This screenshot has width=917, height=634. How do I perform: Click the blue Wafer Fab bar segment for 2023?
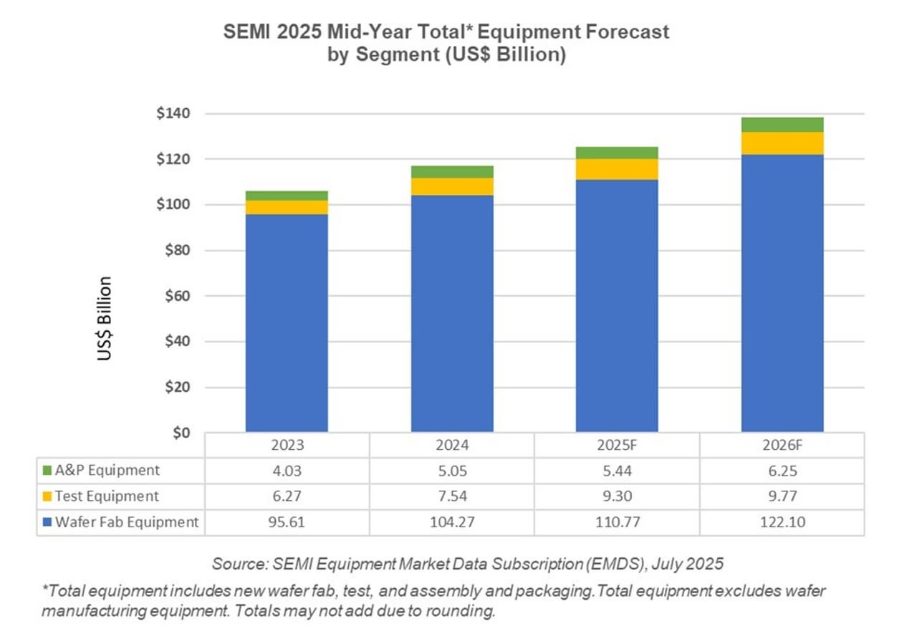pos(287,322)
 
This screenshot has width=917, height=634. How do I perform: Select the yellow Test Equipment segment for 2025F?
pos(617,169)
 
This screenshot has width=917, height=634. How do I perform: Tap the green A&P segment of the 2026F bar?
pos(782,125)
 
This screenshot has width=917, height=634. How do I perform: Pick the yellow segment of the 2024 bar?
pos(452,186)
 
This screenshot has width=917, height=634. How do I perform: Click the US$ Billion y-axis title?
pos(105,318)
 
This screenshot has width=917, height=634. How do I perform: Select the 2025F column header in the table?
pos(617,445)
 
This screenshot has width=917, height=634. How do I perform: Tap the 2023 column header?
pos(287,445)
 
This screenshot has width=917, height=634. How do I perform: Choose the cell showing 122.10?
pos(782,522)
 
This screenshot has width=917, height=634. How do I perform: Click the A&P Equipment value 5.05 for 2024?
pos(452,471)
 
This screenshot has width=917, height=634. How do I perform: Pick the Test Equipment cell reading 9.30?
pos(617,496)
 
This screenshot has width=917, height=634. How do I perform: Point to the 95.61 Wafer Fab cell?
pos(287,522)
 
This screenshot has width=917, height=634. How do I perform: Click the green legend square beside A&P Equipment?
pos(47,471)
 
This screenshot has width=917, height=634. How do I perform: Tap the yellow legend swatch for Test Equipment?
pos(47,496)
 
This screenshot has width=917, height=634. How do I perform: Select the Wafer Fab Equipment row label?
pos(127,522)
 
